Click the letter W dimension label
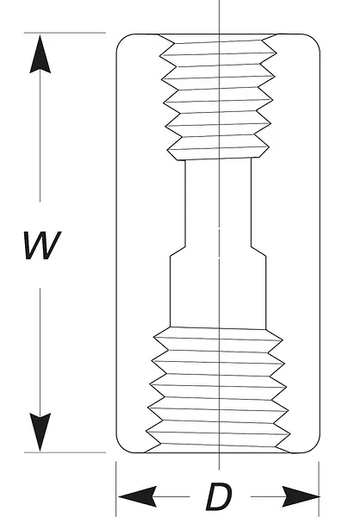(x=42, y=246)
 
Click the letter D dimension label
(x=219, y=496)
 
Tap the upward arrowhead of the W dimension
(x=40, y=54)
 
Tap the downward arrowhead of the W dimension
(x=40, y=432)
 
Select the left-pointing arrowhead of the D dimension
(x=137, y=496)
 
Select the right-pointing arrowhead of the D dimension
(x=301, y=496)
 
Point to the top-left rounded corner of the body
(x=122, y=40)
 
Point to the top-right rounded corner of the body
(x=313, y=40)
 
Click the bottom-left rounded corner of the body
(x=122, y=446)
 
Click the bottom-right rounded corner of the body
(x=313, y=446)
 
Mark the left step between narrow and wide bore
(x=177, y=251)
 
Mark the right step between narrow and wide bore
(x=258, y=251)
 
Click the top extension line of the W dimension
(x=65, y=33)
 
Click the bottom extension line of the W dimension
(x=65, y=452)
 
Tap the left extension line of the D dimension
(x=116, y=489)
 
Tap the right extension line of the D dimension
(x=319, y=489)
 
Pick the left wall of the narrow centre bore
(x=185, y=203)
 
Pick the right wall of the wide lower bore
(x=266, y=292)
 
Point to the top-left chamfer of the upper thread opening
(x=166, y=38)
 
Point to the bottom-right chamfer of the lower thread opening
(x=283, y=449)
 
